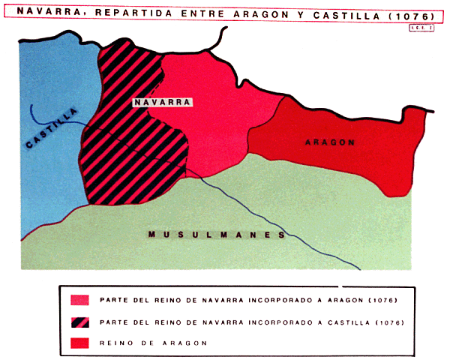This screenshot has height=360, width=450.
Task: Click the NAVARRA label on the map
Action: click(163, 102)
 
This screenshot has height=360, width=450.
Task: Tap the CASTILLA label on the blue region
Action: click(51, 128)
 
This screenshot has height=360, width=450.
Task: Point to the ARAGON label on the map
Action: click(330, 142)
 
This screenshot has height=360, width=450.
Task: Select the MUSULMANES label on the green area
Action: click(217, 235)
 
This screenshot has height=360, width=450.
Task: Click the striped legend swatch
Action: click(79, 322)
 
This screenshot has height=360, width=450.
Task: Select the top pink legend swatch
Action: click(79, 300)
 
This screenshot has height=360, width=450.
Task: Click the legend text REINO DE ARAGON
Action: click(152, 342)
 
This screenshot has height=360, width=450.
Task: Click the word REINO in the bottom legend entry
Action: click(114, 342)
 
